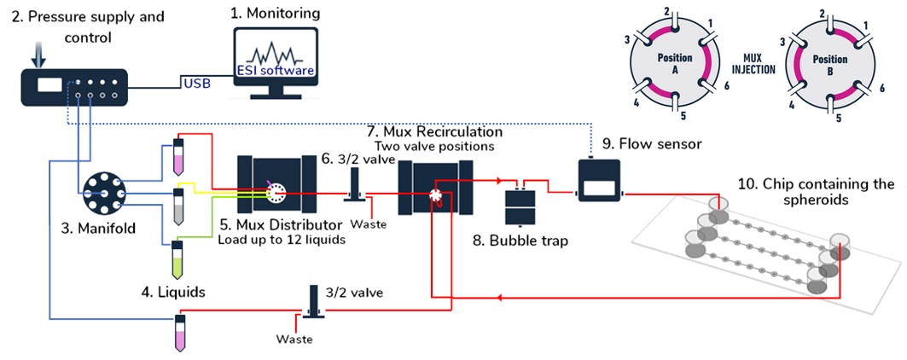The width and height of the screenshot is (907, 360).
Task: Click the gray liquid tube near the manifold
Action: [x=177, y=204]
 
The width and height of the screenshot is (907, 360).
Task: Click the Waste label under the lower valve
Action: [x=294, y=339]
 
